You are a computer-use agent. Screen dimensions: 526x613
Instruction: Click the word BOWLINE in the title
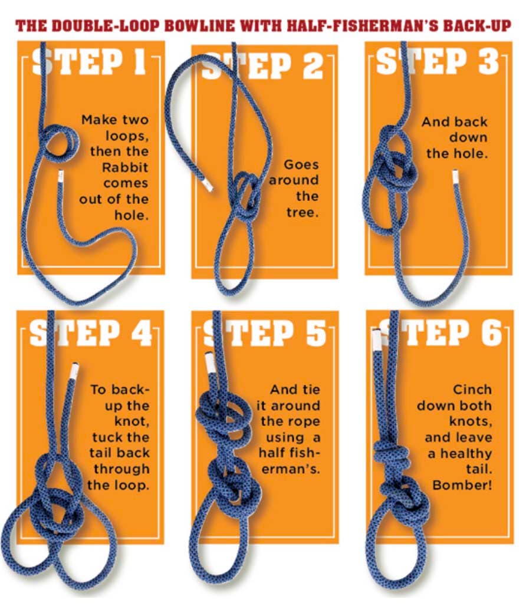point(199,26)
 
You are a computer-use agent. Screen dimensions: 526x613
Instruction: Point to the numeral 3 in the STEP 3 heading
point(488,62)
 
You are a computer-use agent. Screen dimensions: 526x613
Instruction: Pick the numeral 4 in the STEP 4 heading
point(141,333)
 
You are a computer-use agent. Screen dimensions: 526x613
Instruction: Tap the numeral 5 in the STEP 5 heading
point(315,333)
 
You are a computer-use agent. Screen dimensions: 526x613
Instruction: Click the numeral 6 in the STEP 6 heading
point(490,333)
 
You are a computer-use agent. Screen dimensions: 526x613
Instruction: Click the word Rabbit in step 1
point(125,167)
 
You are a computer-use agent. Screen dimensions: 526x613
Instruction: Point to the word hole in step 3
point(473,153)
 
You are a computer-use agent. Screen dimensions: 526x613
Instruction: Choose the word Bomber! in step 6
point(462,485)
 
